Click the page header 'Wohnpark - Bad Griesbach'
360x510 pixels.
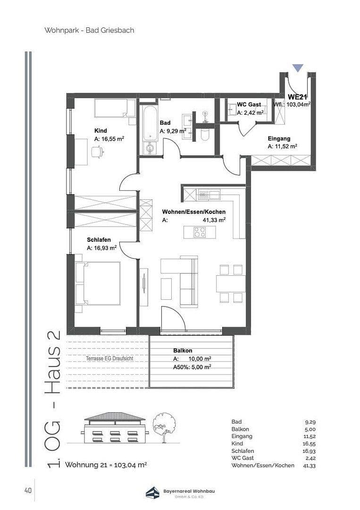click(89, 30)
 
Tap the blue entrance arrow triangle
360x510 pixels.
click(297, 68)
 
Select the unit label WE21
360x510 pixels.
click(298, 97)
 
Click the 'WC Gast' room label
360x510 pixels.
click(249, 104)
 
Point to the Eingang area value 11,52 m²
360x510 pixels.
click(282, 147)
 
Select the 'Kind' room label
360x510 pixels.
click(100, 131)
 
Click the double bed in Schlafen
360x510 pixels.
click(98, 283)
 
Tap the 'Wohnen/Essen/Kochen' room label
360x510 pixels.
click(193, 212)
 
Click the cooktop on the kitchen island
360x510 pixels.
click(200, 232)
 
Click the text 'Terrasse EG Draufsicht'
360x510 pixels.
click(109, 358)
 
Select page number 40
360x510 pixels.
click(27, 491)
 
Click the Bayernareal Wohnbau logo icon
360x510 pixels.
click(152, 493)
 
